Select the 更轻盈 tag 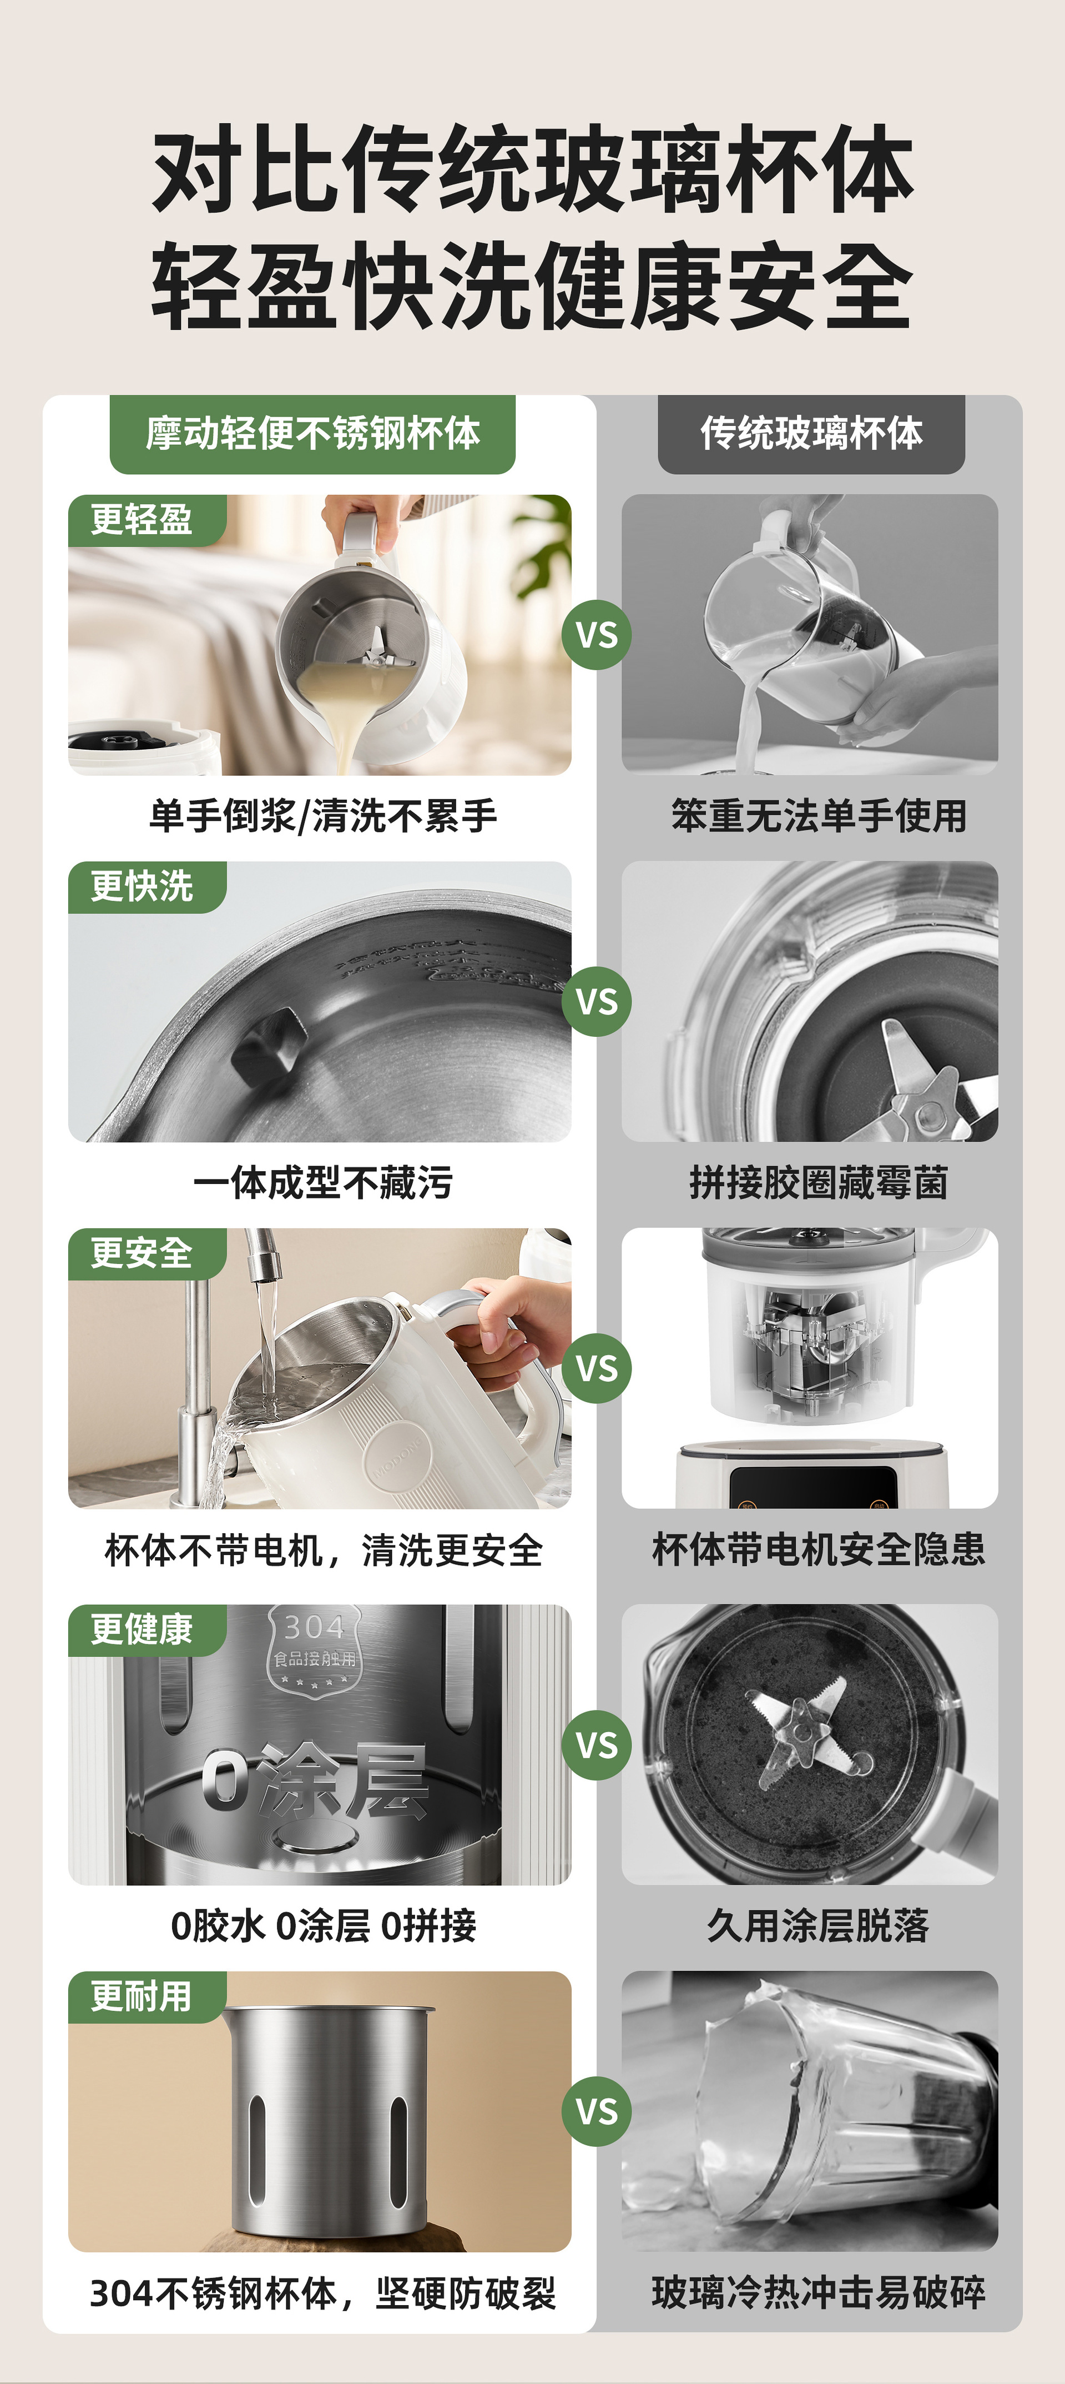pyautogui.click(x=146, y=520)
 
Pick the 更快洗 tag pyautogui.click(x=146, y=887)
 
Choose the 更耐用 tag pyautogui.click(x=146, y=1996)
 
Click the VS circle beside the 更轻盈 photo pyautogui.click(x=597, y=635)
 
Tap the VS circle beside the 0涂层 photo pyautogui.click(x=597, y=1745)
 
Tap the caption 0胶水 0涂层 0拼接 pyautogui.click(x=323, y=1926)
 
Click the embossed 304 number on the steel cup pyautogui.click(x=314, y=1627)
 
